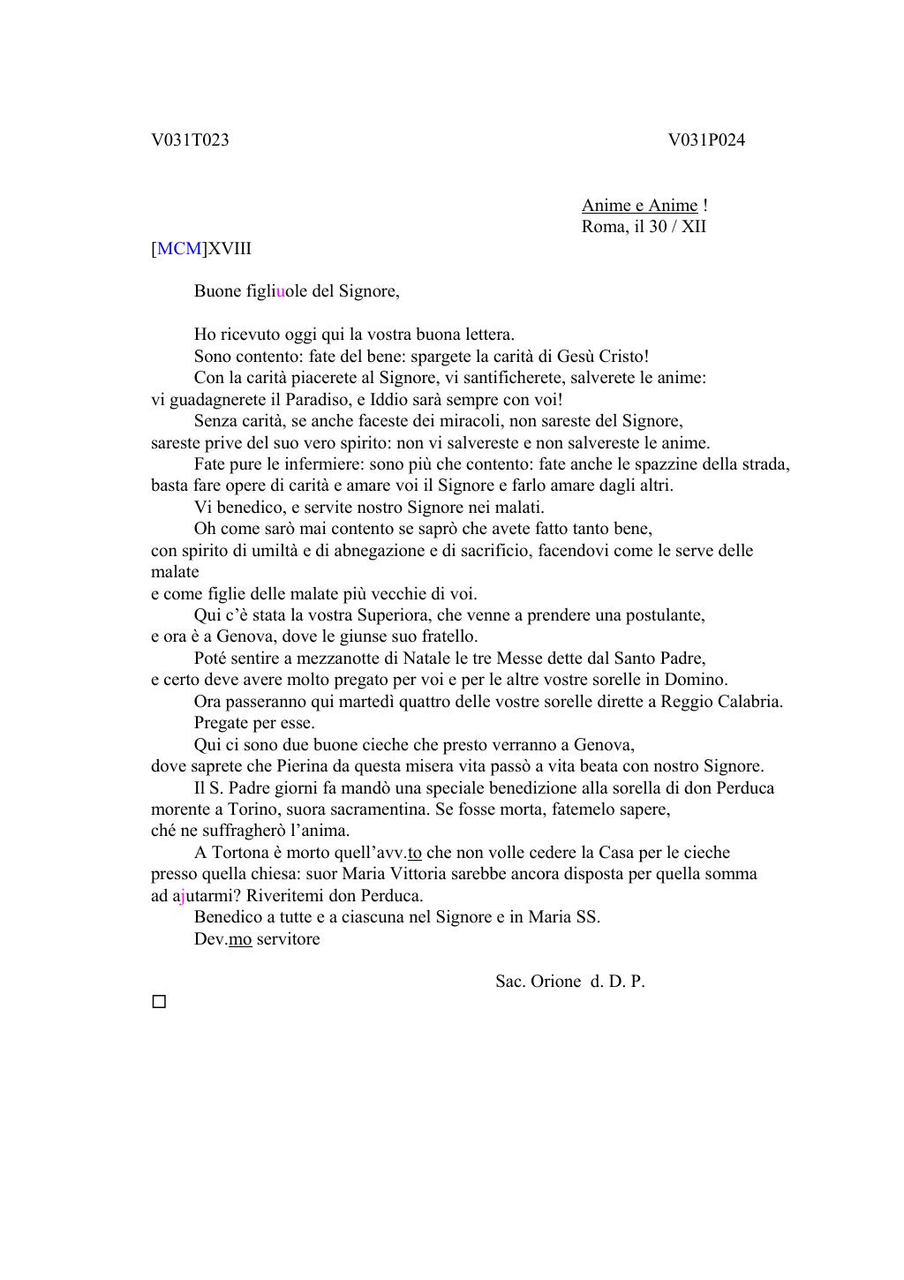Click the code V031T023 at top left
tap(190, 140)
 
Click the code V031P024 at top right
tap(706, 140)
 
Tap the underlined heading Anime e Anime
tap(639, 206)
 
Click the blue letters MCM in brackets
tap(179, 249)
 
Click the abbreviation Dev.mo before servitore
tap(222, 939)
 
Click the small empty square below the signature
tap(159, 1002)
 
